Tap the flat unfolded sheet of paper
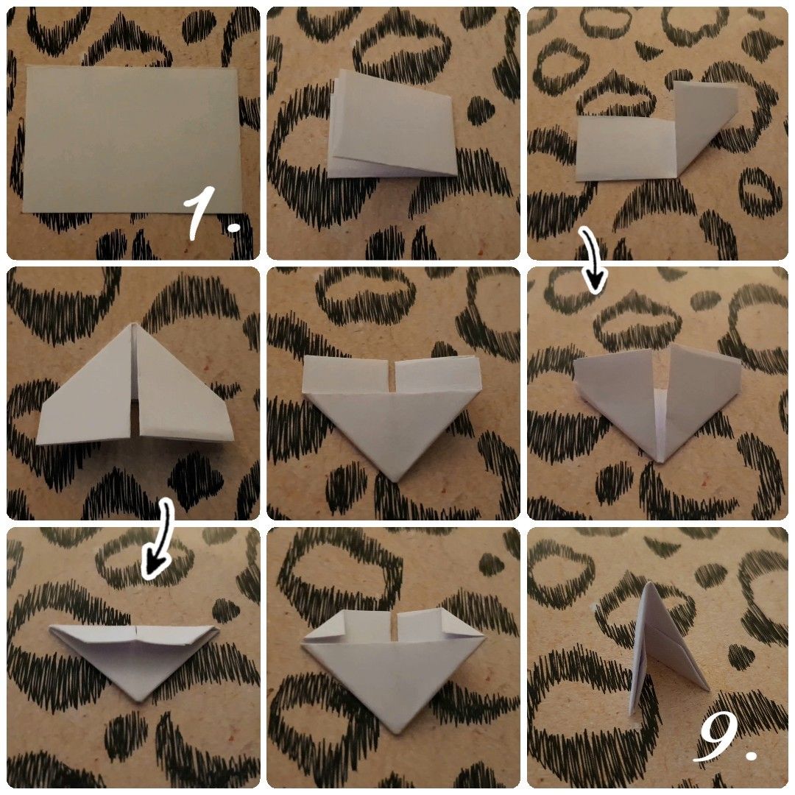click(x=132, y=138)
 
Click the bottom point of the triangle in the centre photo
click(x=396, y=478)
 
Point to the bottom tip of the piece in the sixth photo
click(x=660, y=460)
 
